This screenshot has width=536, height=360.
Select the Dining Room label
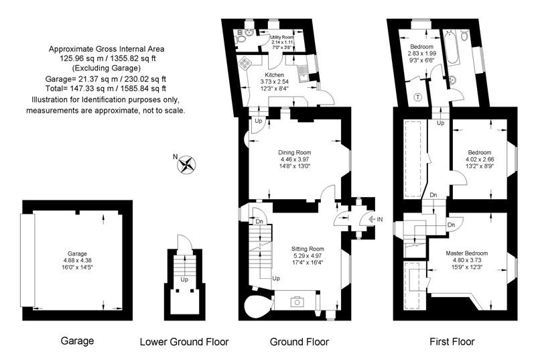pos(295,152)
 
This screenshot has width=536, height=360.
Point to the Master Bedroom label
pos(466,253)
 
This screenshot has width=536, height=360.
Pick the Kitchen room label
pos(275,75)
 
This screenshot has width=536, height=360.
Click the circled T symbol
pos(418,97)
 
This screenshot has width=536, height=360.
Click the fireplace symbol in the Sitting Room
pos(296,302)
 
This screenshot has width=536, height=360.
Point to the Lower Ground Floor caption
pos(184,342)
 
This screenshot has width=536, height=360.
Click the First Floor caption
pos(452,342)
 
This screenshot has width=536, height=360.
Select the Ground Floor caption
pos(299,342)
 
